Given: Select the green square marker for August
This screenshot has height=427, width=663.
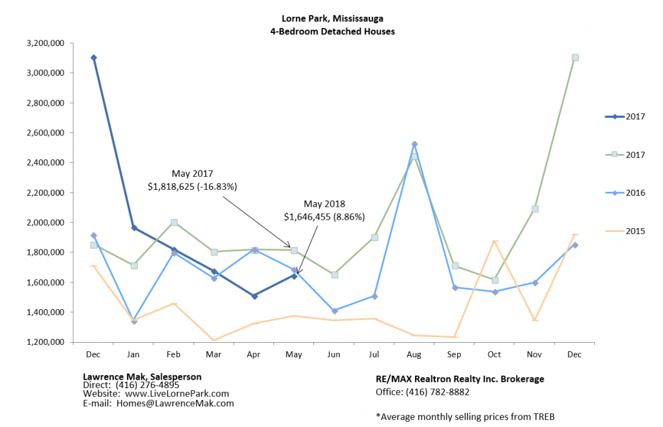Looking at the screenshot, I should point(414,157).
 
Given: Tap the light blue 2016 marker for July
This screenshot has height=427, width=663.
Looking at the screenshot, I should point(374,296).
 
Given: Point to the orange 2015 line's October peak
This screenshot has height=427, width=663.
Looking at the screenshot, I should point(495,241).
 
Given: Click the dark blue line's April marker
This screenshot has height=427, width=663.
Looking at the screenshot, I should point(254,296).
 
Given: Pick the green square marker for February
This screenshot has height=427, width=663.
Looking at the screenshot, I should point(174,222).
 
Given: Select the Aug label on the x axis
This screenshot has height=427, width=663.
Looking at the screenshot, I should point(414,355).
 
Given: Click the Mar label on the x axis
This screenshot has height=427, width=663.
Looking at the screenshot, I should point(214,355).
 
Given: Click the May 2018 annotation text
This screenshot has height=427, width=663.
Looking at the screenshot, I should point(324,204).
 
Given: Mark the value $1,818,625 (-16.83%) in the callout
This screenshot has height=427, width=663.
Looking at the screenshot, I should point(193,187).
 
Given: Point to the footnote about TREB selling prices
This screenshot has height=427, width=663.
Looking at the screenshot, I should point(465,416).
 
